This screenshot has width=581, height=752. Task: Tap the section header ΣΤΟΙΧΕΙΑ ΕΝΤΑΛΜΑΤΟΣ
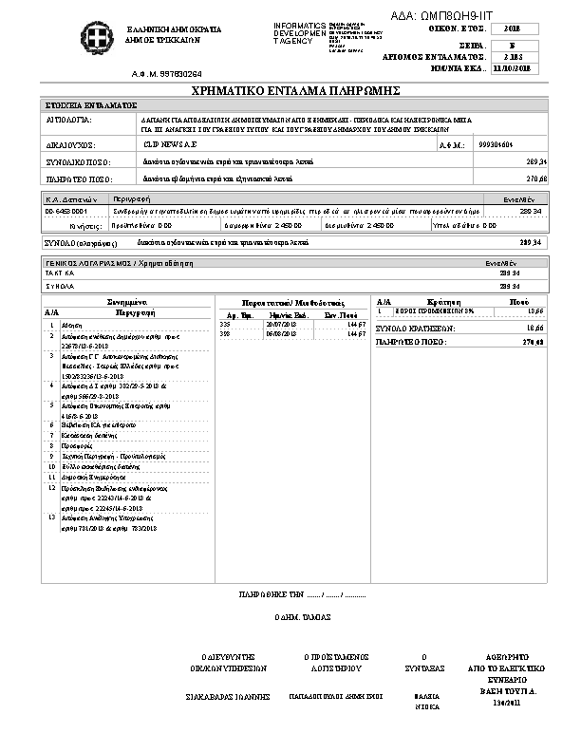click(x=92, y=104)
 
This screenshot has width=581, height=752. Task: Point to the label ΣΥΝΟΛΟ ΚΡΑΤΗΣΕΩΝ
click(x=416, y=328)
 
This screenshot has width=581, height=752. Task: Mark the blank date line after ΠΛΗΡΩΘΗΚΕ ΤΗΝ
click(x=335, y=594)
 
